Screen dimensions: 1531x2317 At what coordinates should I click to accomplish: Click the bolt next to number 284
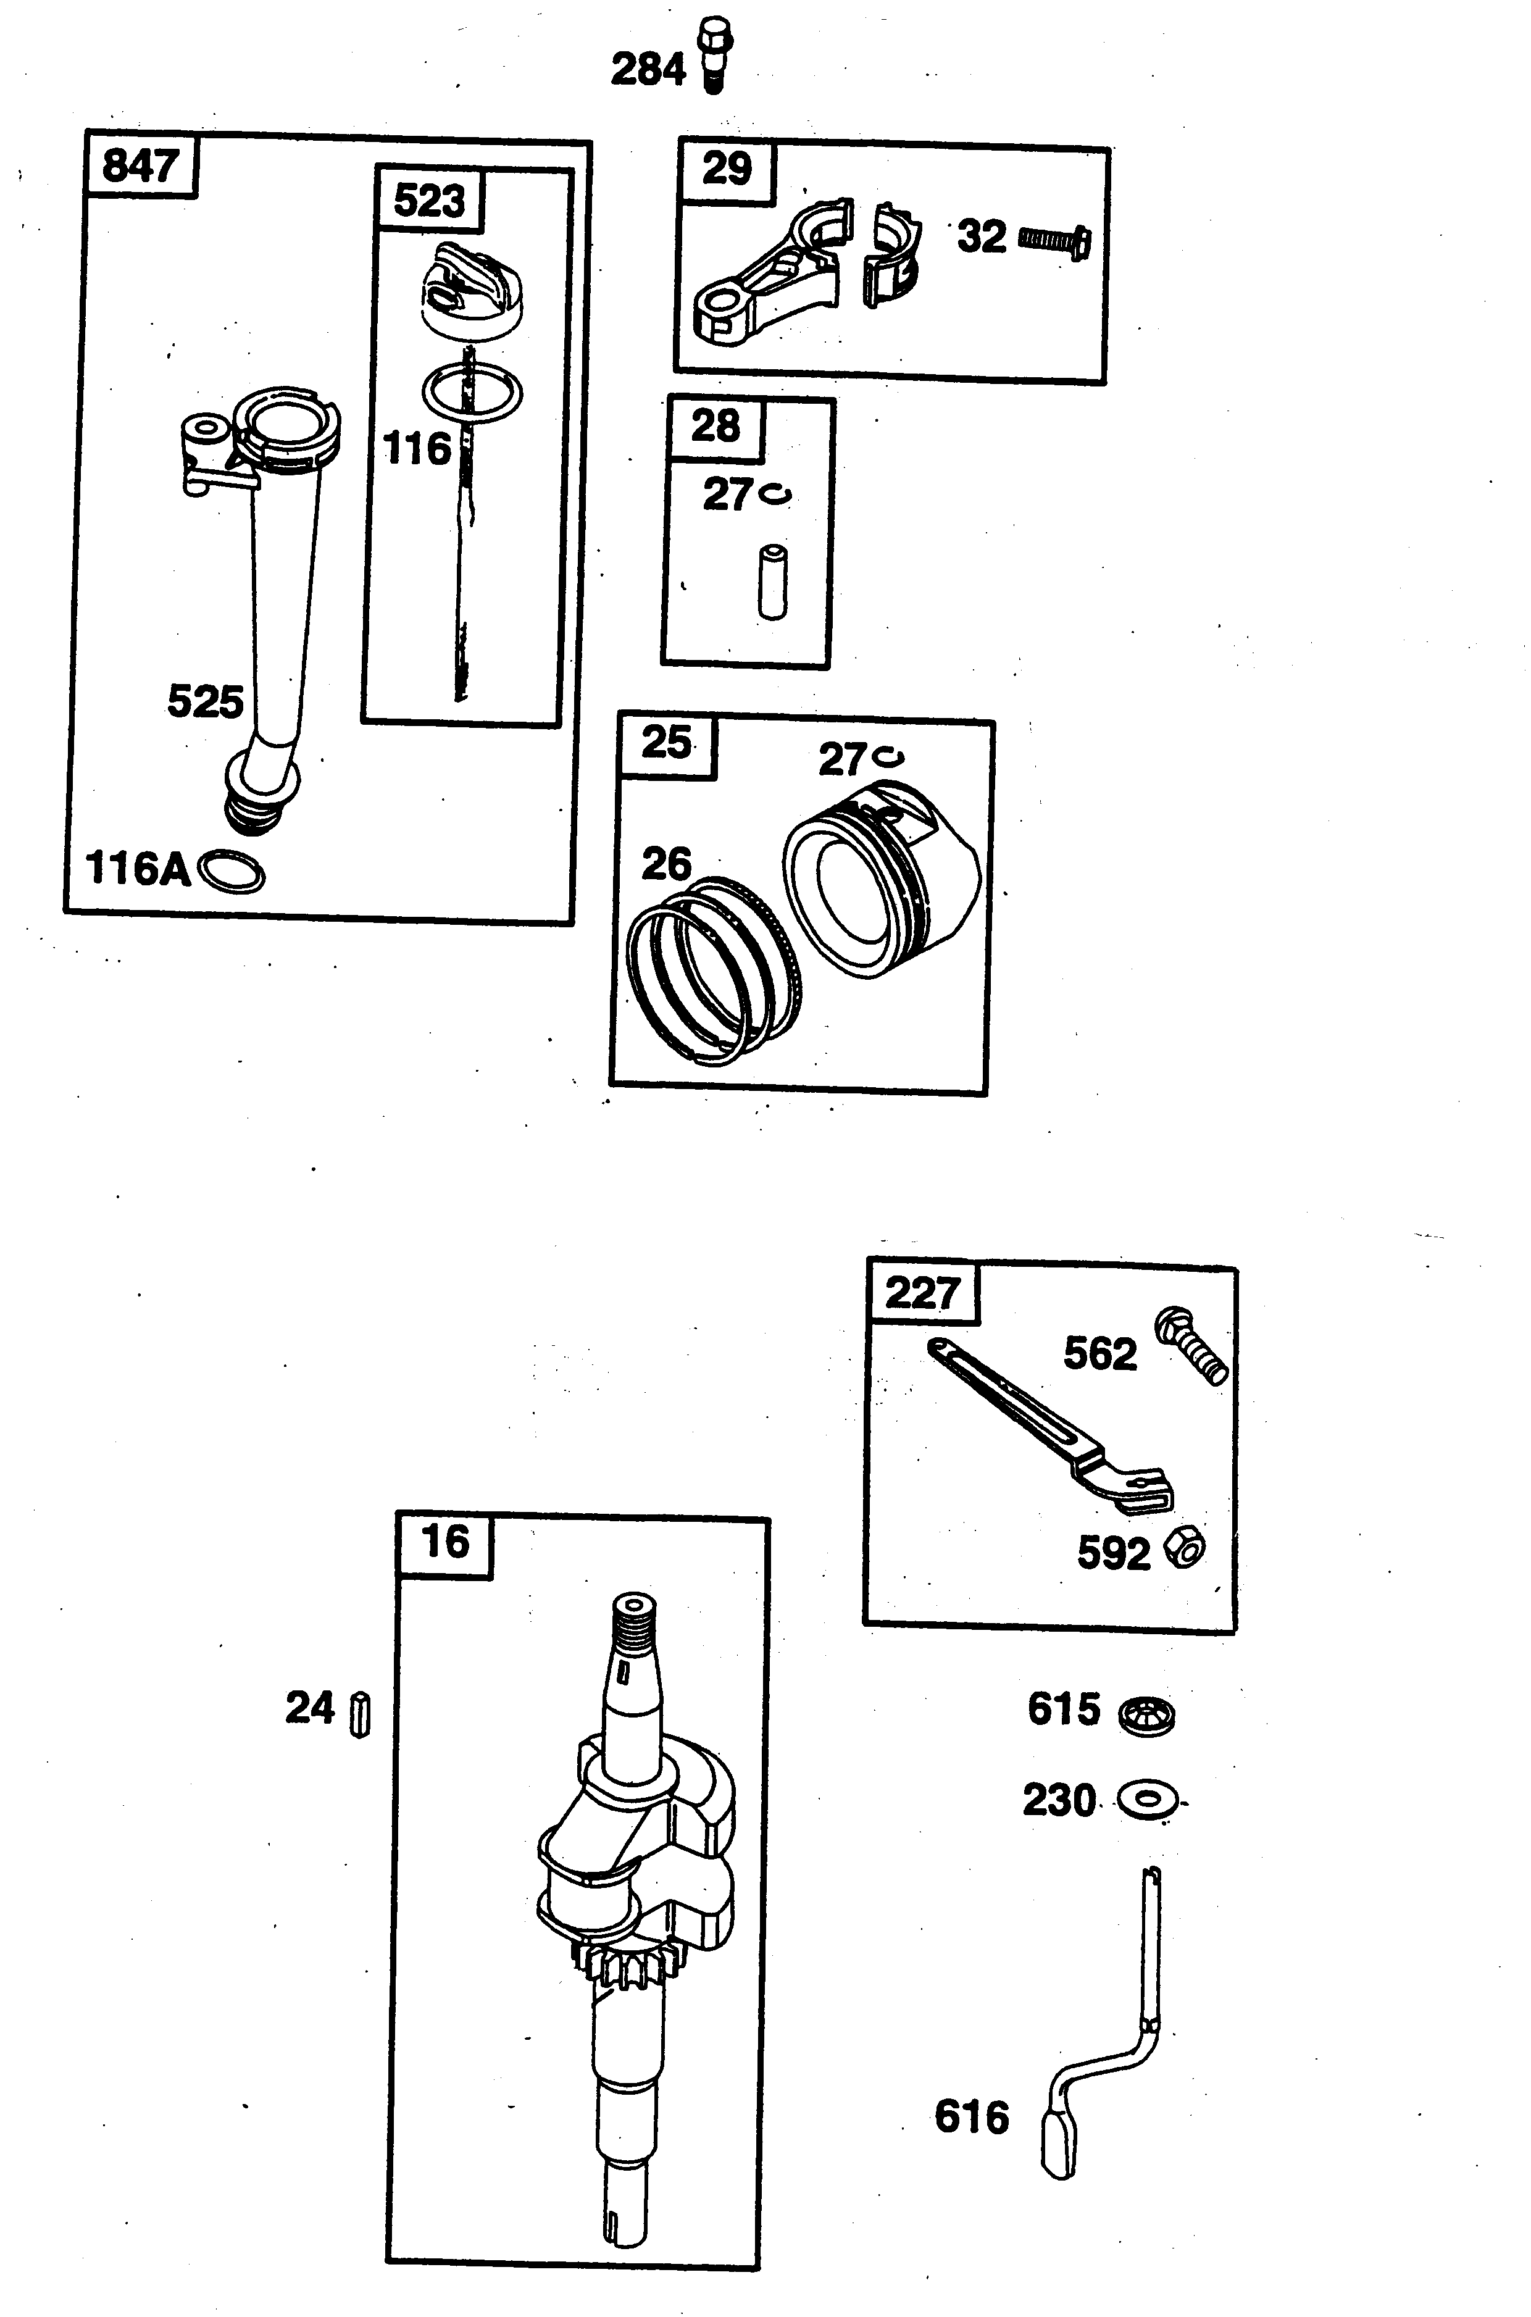point(715,55)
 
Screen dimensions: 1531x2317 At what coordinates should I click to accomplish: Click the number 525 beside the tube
point(205,701)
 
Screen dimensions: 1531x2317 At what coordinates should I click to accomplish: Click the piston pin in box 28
point(772,583)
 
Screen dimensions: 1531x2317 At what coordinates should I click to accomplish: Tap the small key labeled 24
point(361,1714)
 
